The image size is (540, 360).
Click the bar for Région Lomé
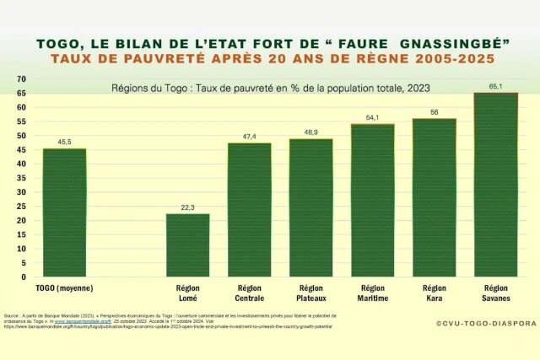click(187, 245)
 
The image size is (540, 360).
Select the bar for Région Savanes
click(495, 185)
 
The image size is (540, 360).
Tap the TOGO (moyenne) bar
click(64, 212)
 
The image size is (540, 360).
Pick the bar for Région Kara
click(434, 197)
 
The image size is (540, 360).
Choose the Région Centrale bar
click(249, 210)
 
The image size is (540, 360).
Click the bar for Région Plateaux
click(310, 207)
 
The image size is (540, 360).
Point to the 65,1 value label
click(495, 86)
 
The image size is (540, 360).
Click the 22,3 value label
click(187, 207)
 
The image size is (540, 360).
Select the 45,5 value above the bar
click(64, 142)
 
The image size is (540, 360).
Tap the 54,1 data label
click(372, 117)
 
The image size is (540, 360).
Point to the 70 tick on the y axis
click(20, 78)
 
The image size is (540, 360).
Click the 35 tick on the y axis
click(20, 178)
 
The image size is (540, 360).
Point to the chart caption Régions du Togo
click(270, 88)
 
